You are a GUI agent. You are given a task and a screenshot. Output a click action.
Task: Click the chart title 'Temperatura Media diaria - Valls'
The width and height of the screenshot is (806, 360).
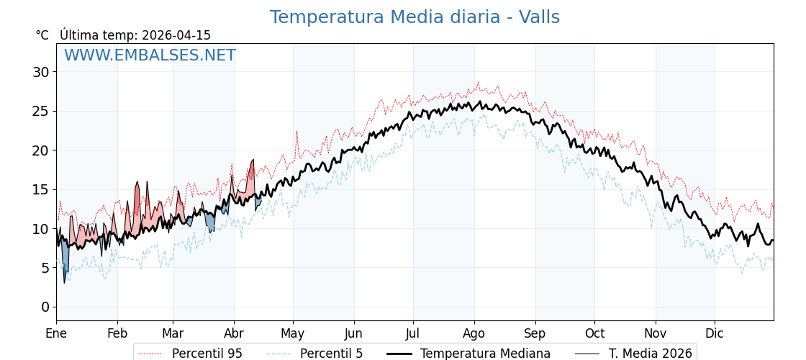click(415, 17)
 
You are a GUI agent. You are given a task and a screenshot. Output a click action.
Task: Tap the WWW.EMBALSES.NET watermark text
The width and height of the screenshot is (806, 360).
click(150, 55)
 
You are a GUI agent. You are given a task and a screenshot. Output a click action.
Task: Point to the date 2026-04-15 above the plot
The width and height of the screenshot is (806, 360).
click(176, 35)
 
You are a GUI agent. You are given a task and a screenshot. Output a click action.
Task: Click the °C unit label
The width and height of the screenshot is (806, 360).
click(42, 35)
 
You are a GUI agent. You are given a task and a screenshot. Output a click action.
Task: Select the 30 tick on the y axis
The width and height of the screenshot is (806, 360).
click(40, 72)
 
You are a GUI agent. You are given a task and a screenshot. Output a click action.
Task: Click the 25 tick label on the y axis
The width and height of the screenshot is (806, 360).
click(40, 111)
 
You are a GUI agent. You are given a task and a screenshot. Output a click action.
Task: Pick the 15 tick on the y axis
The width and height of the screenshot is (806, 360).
click(40, 189)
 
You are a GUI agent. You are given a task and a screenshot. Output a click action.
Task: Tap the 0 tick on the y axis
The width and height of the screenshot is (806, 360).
click(45, 307)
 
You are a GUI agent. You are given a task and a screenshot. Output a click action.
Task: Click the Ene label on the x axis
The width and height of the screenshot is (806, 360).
click(56, 333)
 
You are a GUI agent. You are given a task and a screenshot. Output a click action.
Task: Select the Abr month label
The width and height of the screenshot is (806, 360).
click(234, 333)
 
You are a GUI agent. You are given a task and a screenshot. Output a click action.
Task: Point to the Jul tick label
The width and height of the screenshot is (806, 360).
click(413, 333)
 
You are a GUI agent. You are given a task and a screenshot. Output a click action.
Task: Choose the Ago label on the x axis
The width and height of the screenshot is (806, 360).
click(474, 333)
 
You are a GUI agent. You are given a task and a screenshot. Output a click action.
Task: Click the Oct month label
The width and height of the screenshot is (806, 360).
click(594, 333)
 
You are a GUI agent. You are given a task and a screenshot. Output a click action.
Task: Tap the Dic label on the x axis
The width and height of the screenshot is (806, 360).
click(715, 333)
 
